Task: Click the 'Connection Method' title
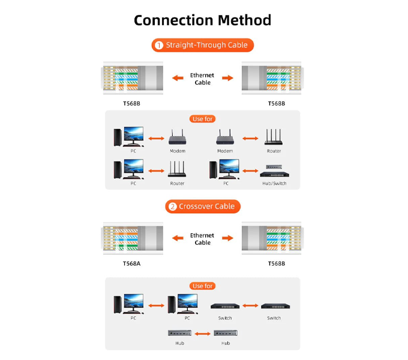[x=202, y=20]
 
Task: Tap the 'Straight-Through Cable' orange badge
[x=202, y=45]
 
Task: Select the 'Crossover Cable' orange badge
[x=203, y=206]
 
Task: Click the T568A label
[x=131, y=263]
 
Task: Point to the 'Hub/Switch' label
[x=274, y=184]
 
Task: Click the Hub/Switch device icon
[x=275, y=171]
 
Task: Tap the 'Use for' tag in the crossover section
[x=202, y=286]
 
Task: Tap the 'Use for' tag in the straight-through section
[x=202, y=119]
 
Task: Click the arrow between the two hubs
[x=202, y=334]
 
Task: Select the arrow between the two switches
[x=250, y=305]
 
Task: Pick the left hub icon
[x=180, y=333]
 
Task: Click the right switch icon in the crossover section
[x=275, y=306]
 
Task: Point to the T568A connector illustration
[x=132, y=238]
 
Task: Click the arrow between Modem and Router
[x=250, y=139]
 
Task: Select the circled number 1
[x=159, y=45]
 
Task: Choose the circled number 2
[x=173, y=206]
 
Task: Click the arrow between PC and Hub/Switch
[x=250, y=171]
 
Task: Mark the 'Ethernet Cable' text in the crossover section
[x=202, y=239]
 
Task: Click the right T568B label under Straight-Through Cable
[x=277, y=104]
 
